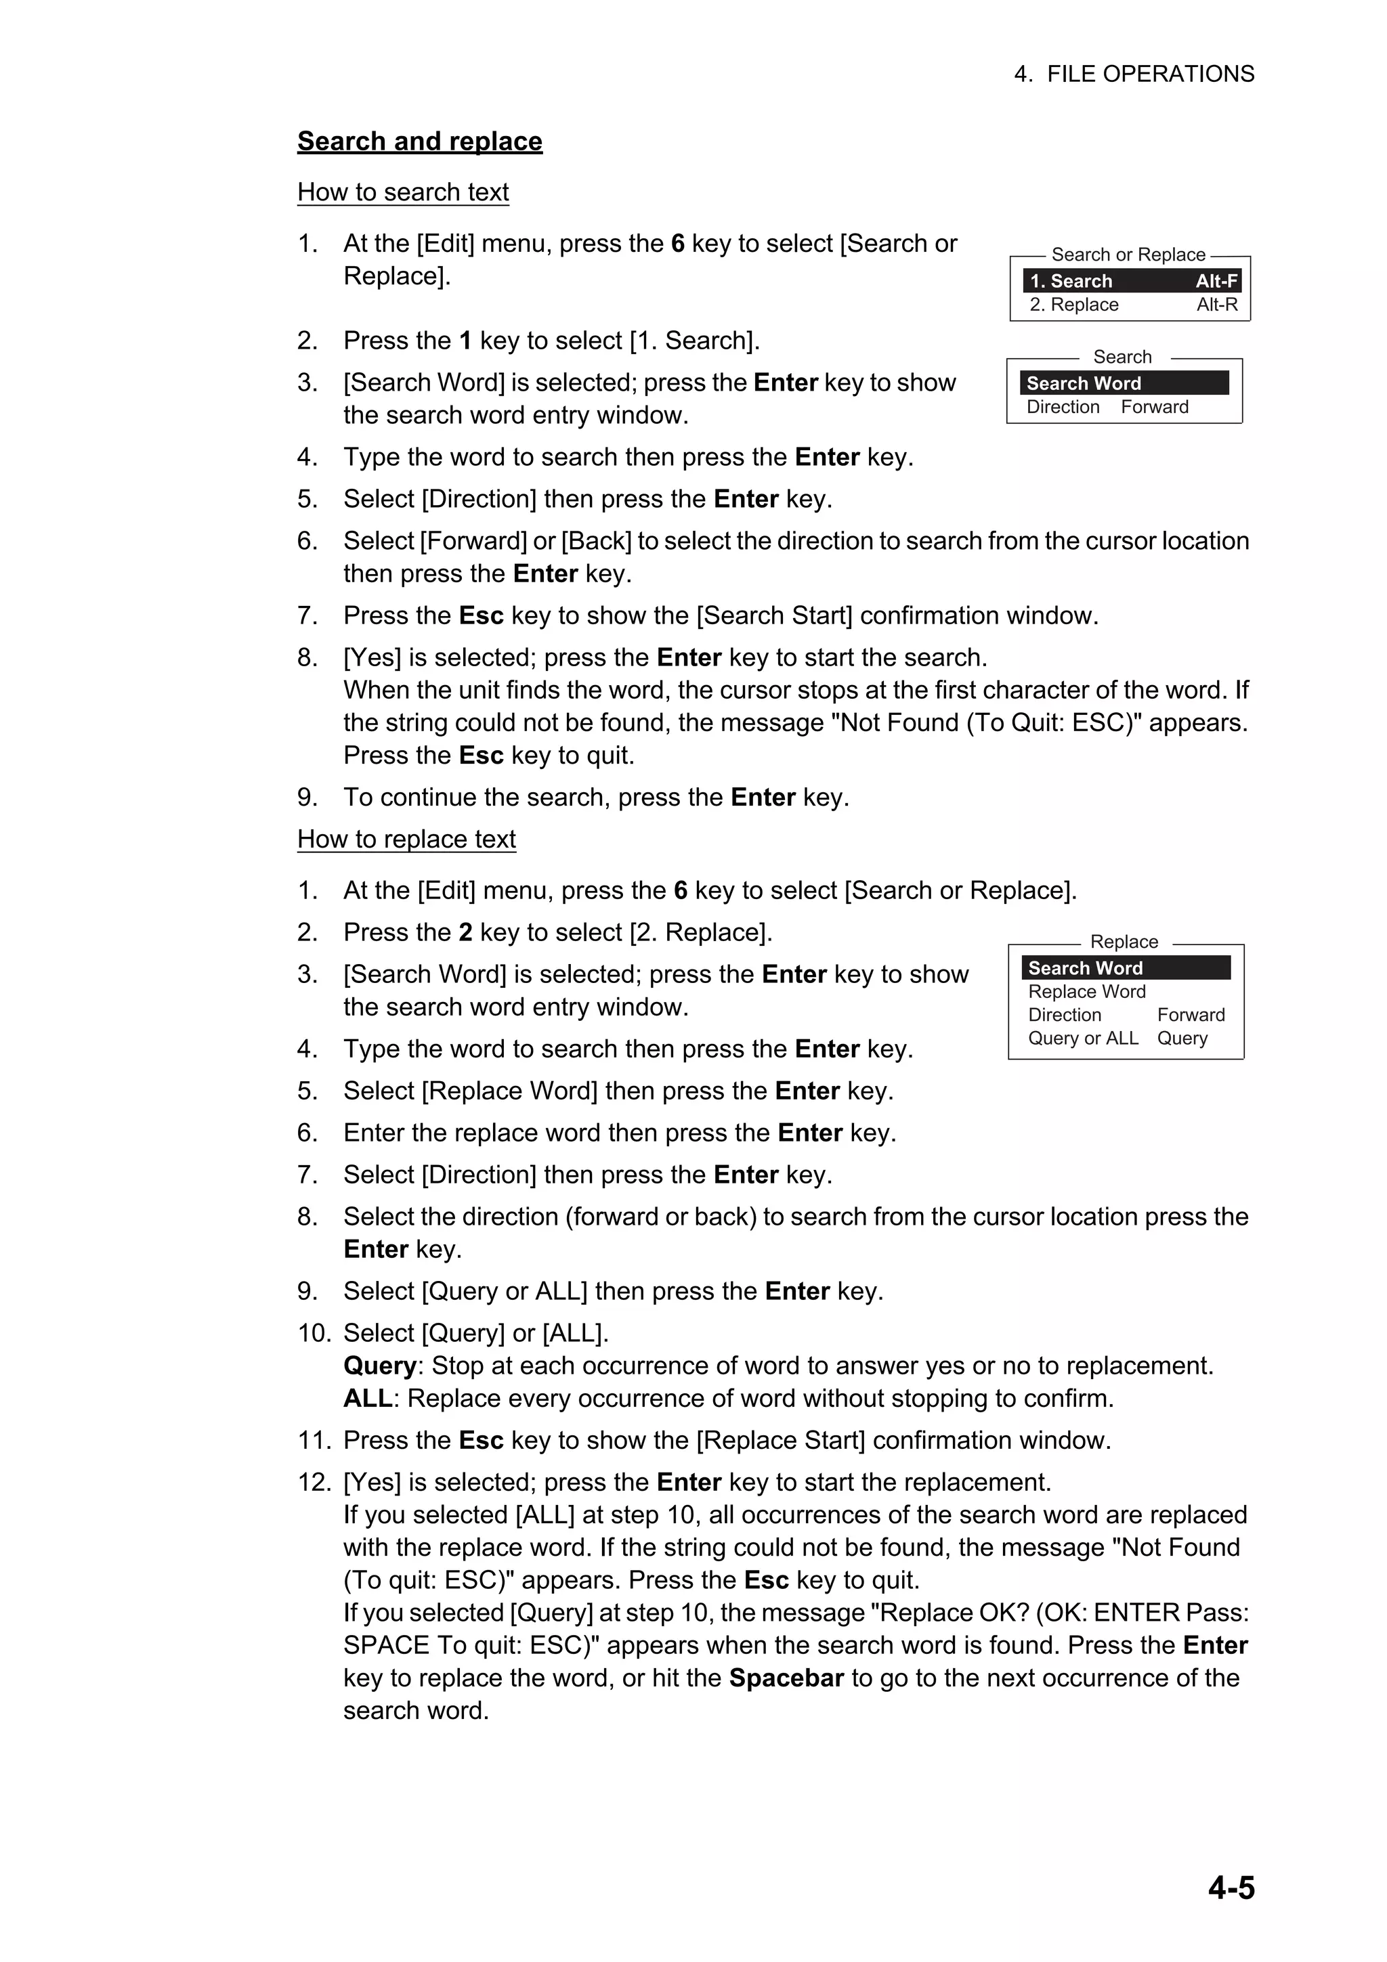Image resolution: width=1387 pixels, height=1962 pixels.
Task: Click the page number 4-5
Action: [1231, 1888]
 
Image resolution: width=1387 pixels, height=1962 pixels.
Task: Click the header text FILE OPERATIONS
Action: [1150, 74]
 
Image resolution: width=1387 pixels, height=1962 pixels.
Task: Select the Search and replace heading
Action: [420, 141]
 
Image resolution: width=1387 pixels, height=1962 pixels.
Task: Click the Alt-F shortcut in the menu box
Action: [1216, 281]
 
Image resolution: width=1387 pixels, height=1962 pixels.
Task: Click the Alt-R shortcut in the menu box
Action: [1217, 305]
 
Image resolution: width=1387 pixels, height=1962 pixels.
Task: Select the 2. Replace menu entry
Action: [1074, 305]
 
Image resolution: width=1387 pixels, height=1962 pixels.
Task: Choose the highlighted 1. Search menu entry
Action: [1071, 281]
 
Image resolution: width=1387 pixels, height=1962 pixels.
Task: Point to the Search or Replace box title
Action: [1128, 255]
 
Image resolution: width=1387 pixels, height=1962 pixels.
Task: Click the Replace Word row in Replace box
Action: [1086, 991]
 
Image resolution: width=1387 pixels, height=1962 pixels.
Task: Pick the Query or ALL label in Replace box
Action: [1083, 1039]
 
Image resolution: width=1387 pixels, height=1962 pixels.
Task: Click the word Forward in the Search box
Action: [1155, 407]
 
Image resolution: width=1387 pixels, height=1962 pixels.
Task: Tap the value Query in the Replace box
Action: [1182, 1039]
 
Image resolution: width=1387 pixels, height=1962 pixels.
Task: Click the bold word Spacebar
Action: [786, 1678]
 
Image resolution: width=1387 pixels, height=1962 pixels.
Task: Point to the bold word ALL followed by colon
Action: [368, 1399]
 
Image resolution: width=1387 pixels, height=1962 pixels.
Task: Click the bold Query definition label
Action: [379, 1366]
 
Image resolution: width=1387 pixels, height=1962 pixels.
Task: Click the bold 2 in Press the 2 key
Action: [466, 932]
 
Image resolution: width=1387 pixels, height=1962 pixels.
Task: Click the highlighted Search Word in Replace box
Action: [1086, 968]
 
